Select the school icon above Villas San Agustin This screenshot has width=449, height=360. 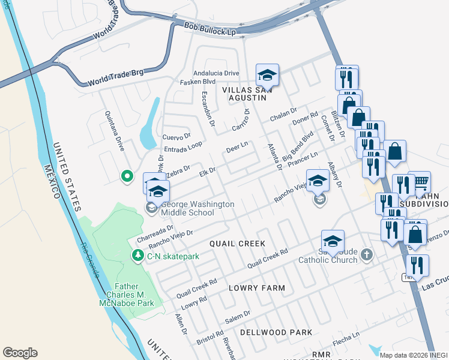click(x=267, y=76)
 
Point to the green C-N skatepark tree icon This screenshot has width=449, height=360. click(x=137, y=256)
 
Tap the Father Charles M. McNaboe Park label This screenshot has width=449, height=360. click(x=127, y=295)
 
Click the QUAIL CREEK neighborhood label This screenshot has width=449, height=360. click(x=237, y=244)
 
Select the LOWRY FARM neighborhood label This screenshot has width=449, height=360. click(x=257, y=288)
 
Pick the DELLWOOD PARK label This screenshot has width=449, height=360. click(x=276, y=332)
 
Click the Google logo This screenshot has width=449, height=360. click(x=20, y=352)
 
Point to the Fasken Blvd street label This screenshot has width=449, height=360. click(x=199, y=82)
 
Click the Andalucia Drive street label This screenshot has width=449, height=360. click(x=214, y=73)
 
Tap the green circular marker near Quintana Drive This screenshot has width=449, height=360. click(x=127, y=176)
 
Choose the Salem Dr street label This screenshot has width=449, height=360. click(x=238, y=315)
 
